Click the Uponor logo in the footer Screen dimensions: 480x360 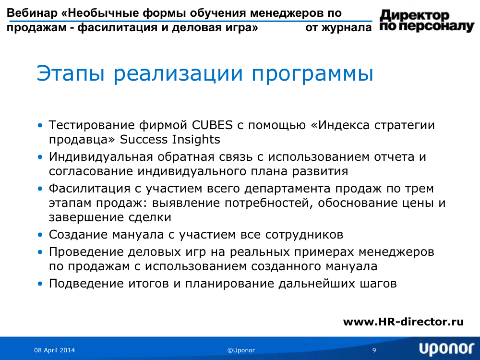(x=446, y=349)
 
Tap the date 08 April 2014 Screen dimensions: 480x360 (x=55, y=350)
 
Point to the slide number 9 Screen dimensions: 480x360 (x=374, y=350)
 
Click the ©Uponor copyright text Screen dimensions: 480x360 (x=241, y=350)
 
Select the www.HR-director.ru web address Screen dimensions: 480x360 (x=403, y=322)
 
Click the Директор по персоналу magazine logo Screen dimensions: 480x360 (x=427, y=21)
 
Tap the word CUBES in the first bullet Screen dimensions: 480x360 (x=213, y=125)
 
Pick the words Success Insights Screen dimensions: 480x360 (x=170, y=139)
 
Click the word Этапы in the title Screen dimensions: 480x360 (x=71, y=74)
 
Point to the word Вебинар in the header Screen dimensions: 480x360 (x=32, y=13)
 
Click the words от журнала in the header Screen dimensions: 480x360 (x=338, y=27)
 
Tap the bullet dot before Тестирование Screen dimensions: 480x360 (x=40, y=125)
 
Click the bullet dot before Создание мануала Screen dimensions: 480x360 (x=40, y=235)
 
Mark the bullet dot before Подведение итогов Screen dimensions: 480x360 (x=40, y=284)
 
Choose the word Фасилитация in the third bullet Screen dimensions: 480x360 (x=89, y=189)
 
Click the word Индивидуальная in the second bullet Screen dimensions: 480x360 (x=101, y=157)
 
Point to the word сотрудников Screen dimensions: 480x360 (x=304, y=235)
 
